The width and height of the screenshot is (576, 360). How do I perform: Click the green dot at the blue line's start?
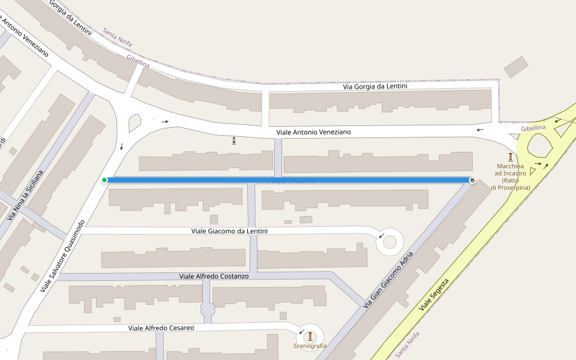coord(104,180)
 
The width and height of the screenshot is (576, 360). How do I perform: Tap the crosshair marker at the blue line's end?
coord(472,180)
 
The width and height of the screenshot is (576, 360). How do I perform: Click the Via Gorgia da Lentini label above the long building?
coord(375,86)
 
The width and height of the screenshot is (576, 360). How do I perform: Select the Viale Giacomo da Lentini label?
coord(229,231)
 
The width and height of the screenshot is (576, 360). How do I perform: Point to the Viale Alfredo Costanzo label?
coord(214,276)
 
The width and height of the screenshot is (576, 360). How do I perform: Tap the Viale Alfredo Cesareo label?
coord(161,328)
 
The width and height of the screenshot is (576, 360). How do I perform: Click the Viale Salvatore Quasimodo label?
coord(63,256)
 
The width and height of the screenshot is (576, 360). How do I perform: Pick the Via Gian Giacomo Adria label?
coord(388,280)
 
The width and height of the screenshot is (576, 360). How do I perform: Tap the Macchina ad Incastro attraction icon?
coord(511,157)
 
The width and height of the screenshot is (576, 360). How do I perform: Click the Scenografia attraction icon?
coord(310,336)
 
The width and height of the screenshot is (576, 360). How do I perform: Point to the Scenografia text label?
coord(310,346)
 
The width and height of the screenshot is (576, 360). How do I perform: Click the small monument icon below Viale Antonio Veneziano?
coord(233,141)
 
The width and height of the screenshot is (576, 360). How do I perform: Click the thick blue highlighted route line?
coord(288,180)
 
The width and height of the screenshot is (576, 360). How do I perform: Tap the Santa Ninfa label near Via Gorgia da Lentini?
coord(117,37)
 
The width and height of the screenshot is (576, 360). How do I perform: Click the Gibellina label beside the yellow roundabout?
coord(533,128)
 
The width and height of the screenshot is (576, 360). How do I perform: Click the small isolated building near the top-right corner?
coord(515,67)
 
